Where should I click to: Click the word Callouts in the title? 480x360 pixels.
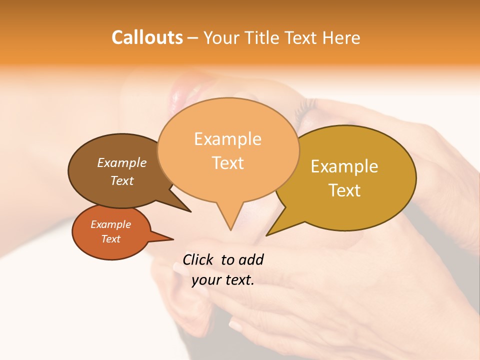pos(147,38)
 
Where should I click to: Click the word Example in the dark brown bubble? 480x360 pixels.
pos(122,162)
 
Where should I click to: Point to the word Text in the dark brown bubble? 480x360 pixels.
pos(122,180)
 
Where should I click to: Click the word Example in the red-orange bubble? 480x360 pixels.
pos(110,224)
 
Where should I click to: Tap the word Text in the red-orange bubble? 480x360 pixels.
pos(110,239)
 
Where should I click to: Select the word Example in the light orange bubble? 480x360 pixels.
pos(227,139)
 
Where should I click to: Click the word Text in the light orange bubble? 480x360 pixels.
pos(227,163)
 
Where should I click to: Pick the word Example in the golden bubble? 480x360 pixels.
pos(344,166)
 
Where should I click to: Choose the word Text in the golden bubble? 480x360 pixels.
pos(344,190)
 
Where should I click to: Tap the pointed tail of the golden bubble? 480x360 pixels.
pos(270,232)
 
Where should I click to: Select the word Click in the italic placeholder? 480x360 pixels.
pos(198,259)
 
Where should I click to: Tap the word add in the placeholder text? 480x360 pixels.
pos(251,259)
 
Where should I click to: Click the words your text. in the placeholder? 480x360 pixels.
pos(222,280)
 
